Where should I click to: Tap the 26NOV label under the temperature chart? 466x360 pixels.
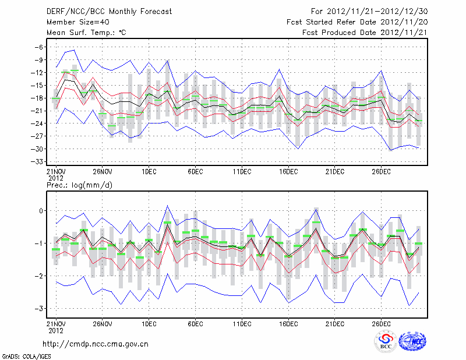(x=102, y=172)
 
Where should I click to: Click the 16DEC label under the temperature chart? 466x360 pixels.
(x=288, y=172)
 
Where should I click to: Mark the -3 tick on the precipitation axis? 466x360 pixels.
(x=40, y=309)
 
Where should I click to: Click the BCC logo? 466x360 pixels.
(x=386, y=342)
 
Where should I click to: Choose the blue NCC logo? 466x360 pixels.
(x=412, y=342)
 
